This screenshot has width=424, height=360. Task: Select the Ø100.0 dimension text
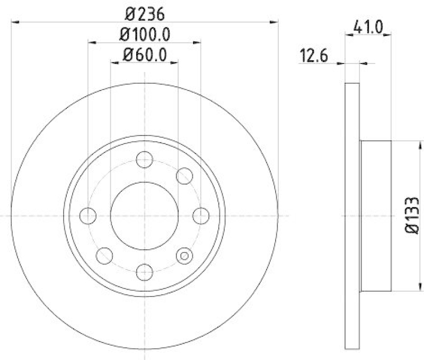coord(145,34)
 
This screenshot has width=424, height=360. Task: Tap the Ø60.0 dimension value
coord(145,54)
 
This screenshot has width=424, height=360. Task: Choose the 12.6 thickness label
coord(313,56)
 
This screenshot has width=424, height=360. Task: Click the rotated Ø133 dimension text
coord(413,215)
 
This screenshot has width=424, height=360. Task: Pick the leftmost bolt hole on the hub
coord(87,216)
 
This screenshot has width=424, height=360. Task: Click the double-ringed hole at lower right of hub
coord(184,256)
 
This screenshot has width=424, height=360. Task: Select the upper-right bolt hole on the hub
coord(184,176)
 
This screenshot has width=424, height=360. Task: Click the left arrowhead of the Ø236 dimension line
coord(14,22)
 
